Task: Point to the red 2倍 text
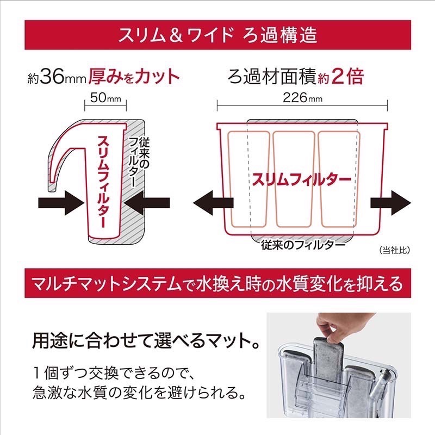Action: pyautogui.click(x=346, y=77)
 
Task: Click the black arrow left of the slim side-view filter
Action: pyautogui.click(x=59, y=205)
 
